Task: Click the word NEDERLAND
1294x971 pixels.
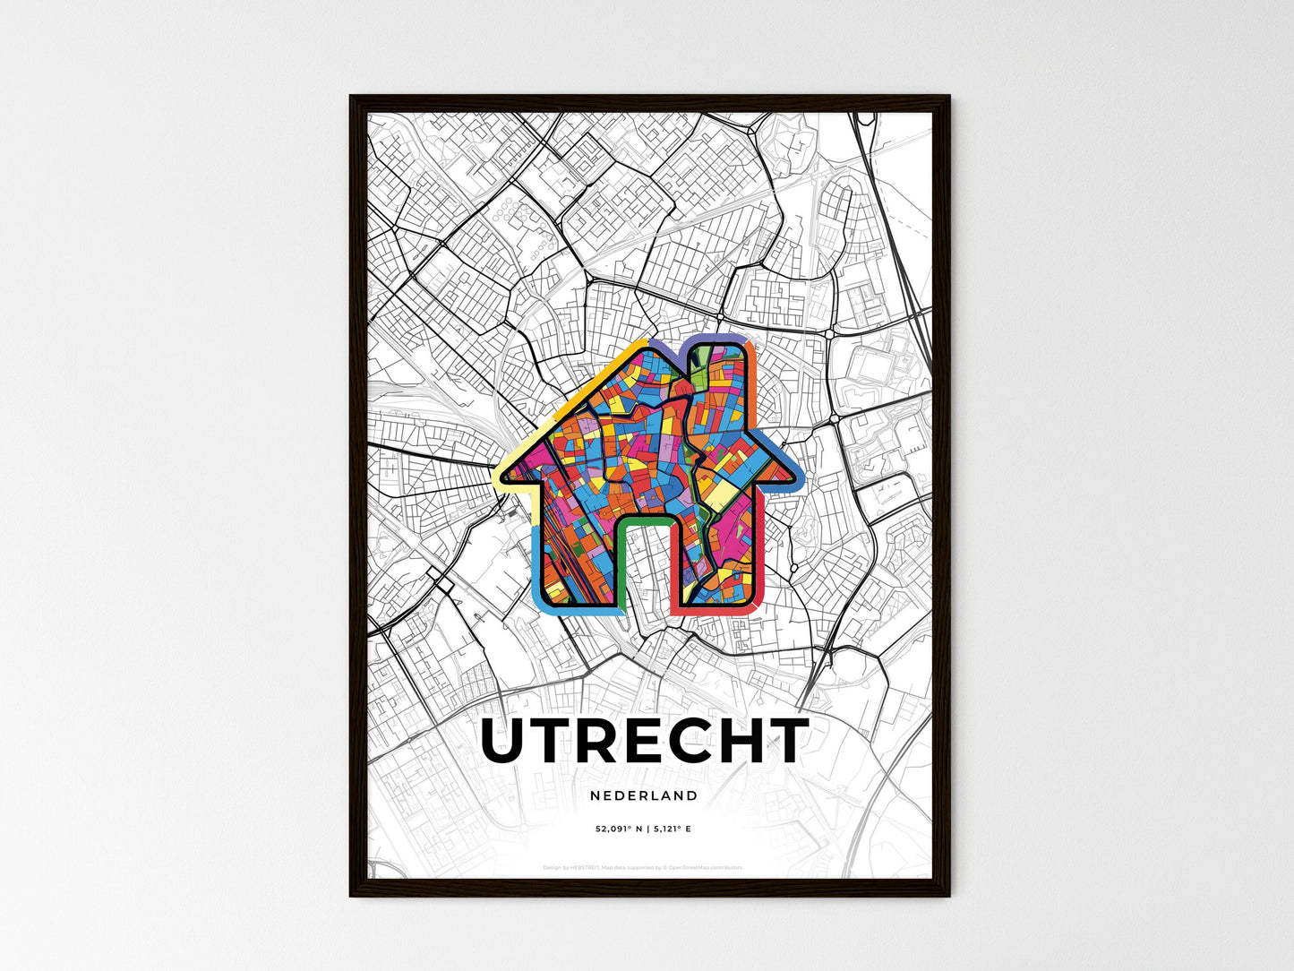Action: coord(644,795)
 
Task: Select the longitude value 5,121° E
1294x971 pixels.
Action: coord(671,829)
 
